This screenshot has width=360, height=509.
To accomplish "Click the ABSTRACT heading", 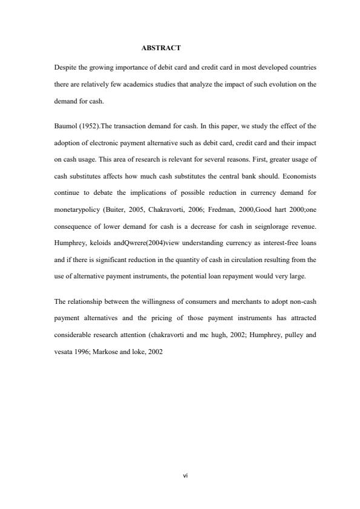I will pos(161,47).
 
